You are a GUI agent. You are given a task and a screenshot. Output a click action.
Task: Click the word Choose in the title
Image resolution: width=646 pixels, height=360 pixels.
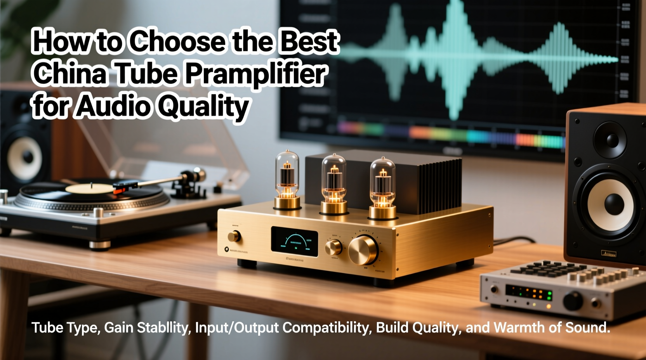pyautogui.click(x=177, y=42)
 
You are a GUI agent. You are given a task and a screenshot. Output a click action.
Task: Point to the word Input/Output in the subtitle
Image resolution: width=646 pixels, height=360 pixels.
pyautogui.click(x=237, y=328)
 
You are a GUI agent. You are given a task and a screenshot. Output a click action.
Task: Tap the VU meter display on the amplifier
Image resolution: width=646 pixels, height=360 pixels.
pyautogui.click(x=294, y=242)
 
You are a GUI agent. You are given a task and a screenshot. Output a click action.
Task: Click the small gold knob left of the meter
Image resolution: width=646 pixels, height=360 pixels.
pyautogui.click(x=234, y=236)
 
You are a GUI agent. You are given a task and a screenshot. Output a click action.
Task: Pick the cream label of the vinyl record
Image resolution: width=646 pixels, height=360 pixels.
pyautogui.click(x=90, y=189)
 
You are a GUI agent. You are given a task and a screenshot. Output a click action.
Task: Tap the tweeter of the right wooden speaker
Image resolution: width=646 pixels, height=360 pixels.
pyautogui.click(x=610, y=140)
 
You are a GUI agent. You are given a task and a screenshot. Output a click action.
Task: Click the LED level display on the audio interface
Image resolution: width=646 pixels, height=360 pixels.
pyautogui.click(x=529, y=292)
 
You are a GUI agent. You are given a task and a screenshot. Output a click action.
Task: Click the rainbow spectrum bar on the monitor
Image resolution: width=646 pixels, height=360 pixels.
pyautogui.click(x=450, y=134)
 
